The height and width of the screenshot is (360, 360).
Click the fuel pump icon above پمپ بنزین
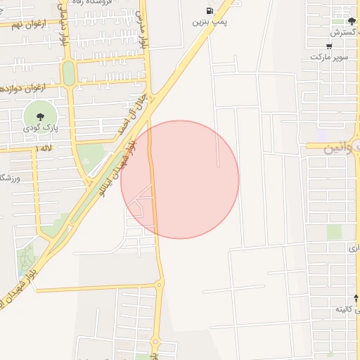pyautogui.click(x=210, y=11)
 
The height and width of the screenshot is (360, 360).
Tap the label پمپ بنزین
pyautogui.click(x=210, y=22)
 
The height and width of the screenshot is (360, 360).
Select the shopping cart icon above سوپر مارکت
pyautogui.click(x=330, y=45)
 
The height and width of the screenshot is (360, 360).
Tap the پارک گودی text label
pyautogui.click(x=38, y=128)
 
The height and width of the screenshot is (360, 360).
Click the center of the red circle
pyautogui.click(x=180, y=179)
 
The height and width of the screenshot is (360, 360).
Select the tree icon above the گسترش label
pyautogui.click(x=352, y=21)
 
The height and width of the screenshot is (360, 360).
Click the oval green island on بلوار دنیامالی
pyautogui.click(x=68, y=74)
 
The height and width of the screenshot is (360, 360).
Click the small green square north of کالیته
pyautogui.click(x=334, y=231)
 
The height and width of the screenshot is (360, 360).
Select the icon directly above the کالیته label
pyautogui.click(x=356, y=299)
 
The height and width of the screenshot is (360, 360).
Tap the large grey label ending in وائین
pyautogui.click(x=342, y=149)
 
